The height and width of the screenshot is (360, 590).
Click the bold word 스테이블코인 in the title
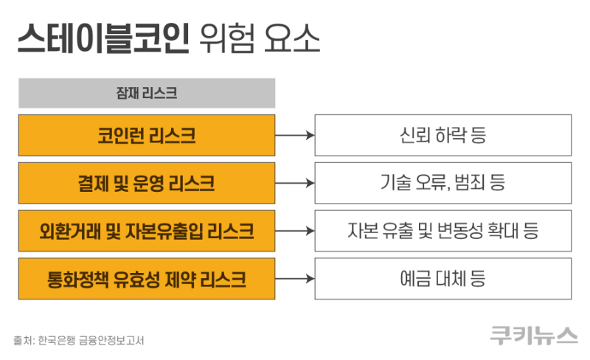(103, 38)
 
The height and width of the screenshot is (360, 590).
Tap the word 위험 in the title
(228, 38)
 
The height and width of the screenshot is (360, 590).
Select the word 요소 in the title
(292, 38)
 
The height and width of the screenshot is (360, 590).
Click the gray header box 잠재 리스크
(147, 93)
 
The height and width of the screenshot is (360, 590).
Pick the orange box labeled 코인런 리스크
(147, 135)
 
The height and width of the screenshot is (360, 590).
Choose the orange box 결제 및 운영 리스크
(147, 183)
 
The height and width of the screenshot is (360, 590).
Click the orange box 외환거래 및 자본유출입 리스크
(147, 231)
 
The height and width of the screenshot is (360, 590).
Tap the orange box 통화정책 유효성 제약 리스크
(147, 279)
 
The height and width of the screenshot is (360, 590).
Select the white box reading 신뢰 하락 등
(443, 135)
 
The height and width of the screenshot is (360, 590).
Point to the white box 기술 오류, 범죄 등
(443, 183)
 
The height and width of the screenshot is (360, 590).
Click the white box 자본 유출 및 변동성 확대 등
(443, 231)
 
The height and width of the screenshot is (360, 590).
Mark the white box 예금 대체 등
(443, 279)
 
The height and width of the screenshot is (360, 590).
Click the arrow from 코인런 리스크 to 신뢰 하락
(294, 135)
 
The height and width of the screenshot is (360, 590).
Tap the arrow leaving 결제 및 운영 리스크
(294, 183)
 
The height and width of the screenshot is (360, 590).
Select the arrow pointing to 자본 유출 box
(294, 231)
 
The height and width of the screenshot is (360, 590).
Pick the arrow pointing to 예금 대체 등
(294, 279)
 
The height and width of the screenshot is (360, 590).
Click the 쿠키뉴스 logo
(533, 335)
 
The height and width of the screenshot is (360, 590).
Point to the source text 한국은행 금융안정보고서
(91, 340)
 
